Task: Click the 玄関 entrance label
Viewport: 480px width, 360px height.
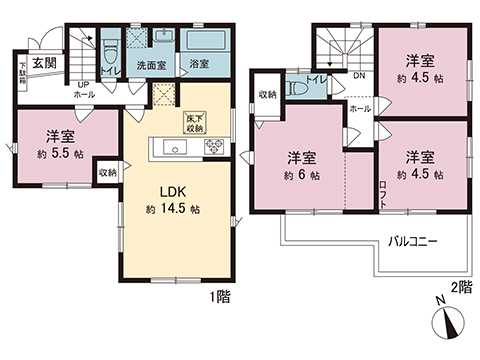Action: (x=43, y=62)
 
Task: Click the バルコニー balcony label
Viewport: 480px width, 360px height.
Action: (x=411, y=242)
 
